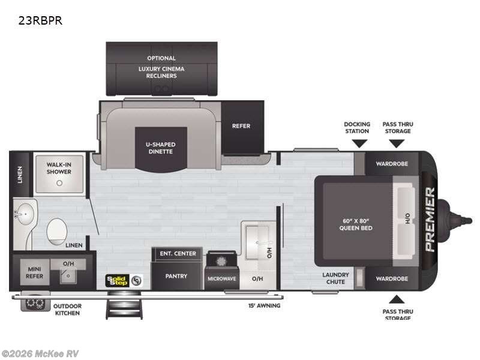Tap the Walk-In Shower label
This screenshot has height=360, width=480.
pyautogui.click(x=59, y=167)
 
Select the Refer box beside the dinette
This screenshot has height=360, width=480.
pyautogui.click(x=241, y=126)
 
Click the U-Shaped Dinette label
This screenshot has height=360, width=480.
pyautogui.click(x=160, y=147)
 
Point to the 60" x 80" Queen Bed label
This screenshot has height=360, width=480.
pyautogui.click(x=357, y=224)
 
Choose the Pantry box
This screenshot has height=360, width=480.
pyautogui.click(x=176, y=277)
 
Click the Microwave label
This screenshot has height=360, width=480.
pyautogui.click(x=222, y=278)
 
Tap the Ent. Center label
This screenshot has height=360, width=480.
pyautogui.click(x=178, y=253)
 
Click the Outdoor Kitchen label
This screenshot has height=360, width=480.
pyautogui.click(x=67, y=310)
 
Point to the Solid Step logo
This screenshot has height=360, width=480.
pyautogui.click(x=118, y=280)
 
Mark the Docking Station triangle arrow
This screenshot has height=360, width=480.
pyautogui.click(x=359, y=143)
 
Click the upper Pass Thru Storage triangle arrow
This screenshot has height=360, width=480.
pyautogui.click(x=397, y=143)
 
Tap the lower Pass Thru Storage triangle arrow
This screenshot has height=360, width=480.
pyautogui.click(x=397, y=299)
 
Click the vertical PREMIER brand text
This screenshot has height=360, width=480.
pyautogui.click(x=430, y=219)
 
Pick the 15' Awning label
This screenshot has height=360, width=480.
pyautogui.click(x=264, y=305)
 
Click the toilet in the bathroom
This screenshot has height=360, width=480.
pyautogui.click(x=57, y=230)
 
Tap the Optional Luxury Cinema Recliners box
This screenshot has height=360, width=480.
pyautogui.click(x=161, y=68)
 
